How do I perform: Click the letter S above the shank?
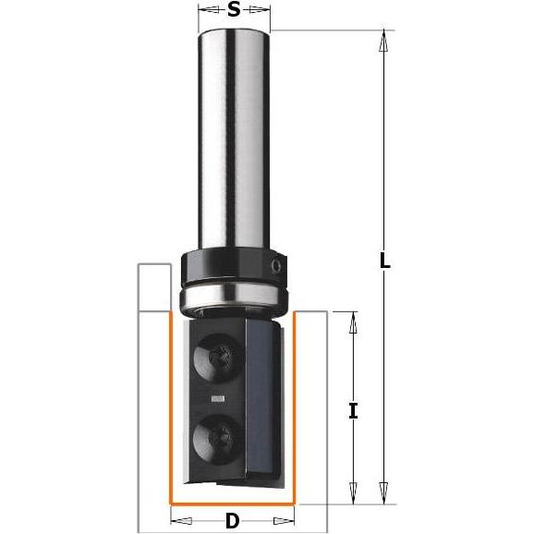[234, 11]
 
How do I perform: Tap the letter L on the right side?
[385, 261]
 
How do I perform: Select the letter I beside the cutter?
[353, 410]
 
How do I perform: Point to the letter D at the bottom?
[232, 521]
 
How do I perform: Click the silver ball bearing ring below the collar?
[234, 297]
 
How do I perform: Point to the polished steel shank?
[234, 139]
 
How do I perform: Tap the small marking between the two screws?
[218, 399]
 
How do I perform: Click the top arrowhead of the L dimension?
[385, 38]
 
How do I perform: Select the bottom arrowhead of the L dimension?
[385, 498]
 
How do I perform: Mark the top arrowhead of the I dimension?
[352, 319]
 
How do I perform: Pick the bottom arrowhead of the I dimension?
[352, 498]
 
